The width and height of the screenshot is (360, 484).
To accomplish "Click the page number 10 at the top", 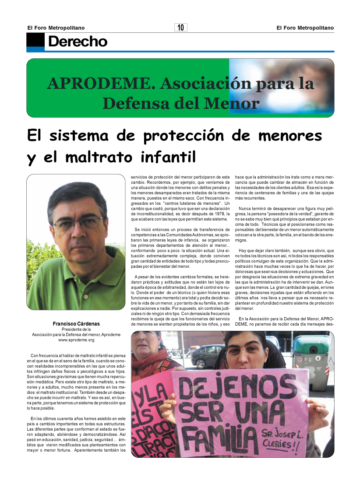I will tap(180, 28).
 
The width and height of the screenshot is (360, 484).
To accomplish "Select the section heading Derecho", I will tap(78, 42).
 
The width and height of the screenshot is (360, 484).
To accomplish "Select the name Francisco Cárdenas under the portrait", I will tap(76, 324).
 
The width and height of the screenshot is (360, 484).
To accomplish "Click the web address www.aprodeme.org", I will tap(76, 340).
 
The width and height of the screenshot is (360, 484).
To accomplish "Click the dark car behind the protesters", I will tap(207, 356).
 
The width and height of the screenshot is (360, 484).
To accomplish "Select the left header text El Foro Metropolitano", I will tap(56, 28).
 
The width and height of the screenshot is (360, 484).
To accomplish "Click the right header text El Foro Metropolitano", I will tap(305, 28).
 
